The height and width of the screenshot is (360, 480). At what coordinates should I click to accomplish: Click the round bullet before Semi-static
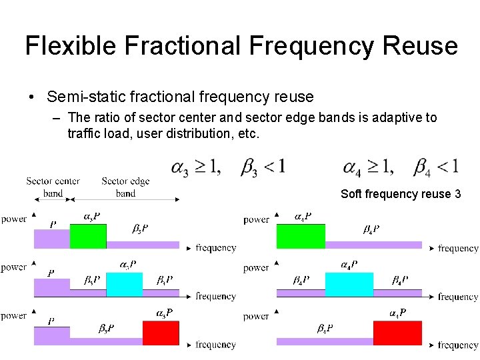(32, 97)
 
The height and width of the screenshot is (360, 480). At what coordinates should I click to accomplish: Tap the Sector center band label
(53, 187)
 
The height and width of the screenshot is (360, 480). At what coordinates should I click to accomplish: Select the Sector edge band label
(125, 187)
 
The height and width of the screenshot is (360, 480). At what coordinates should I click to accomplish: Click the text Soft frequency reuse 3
(401, 194)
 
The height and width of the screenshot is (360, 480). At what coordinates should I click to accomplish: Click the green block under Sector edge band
(88, 236)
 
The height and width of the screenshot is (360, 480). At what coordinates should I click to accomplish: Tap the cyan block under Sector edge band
(125, 285)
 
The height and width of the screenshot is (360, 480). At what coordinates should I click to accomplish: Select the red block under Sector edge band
(161, 333)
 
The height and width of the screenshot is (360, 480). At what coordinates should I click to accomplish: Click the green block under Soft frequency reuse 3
(301, 236)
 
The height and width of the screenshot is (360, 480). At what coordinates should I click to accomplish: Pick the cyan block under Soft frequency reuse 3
(349, 285)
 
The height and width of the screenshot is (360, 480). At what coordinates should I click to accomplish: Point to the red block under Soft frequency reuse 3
(397, 333)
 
